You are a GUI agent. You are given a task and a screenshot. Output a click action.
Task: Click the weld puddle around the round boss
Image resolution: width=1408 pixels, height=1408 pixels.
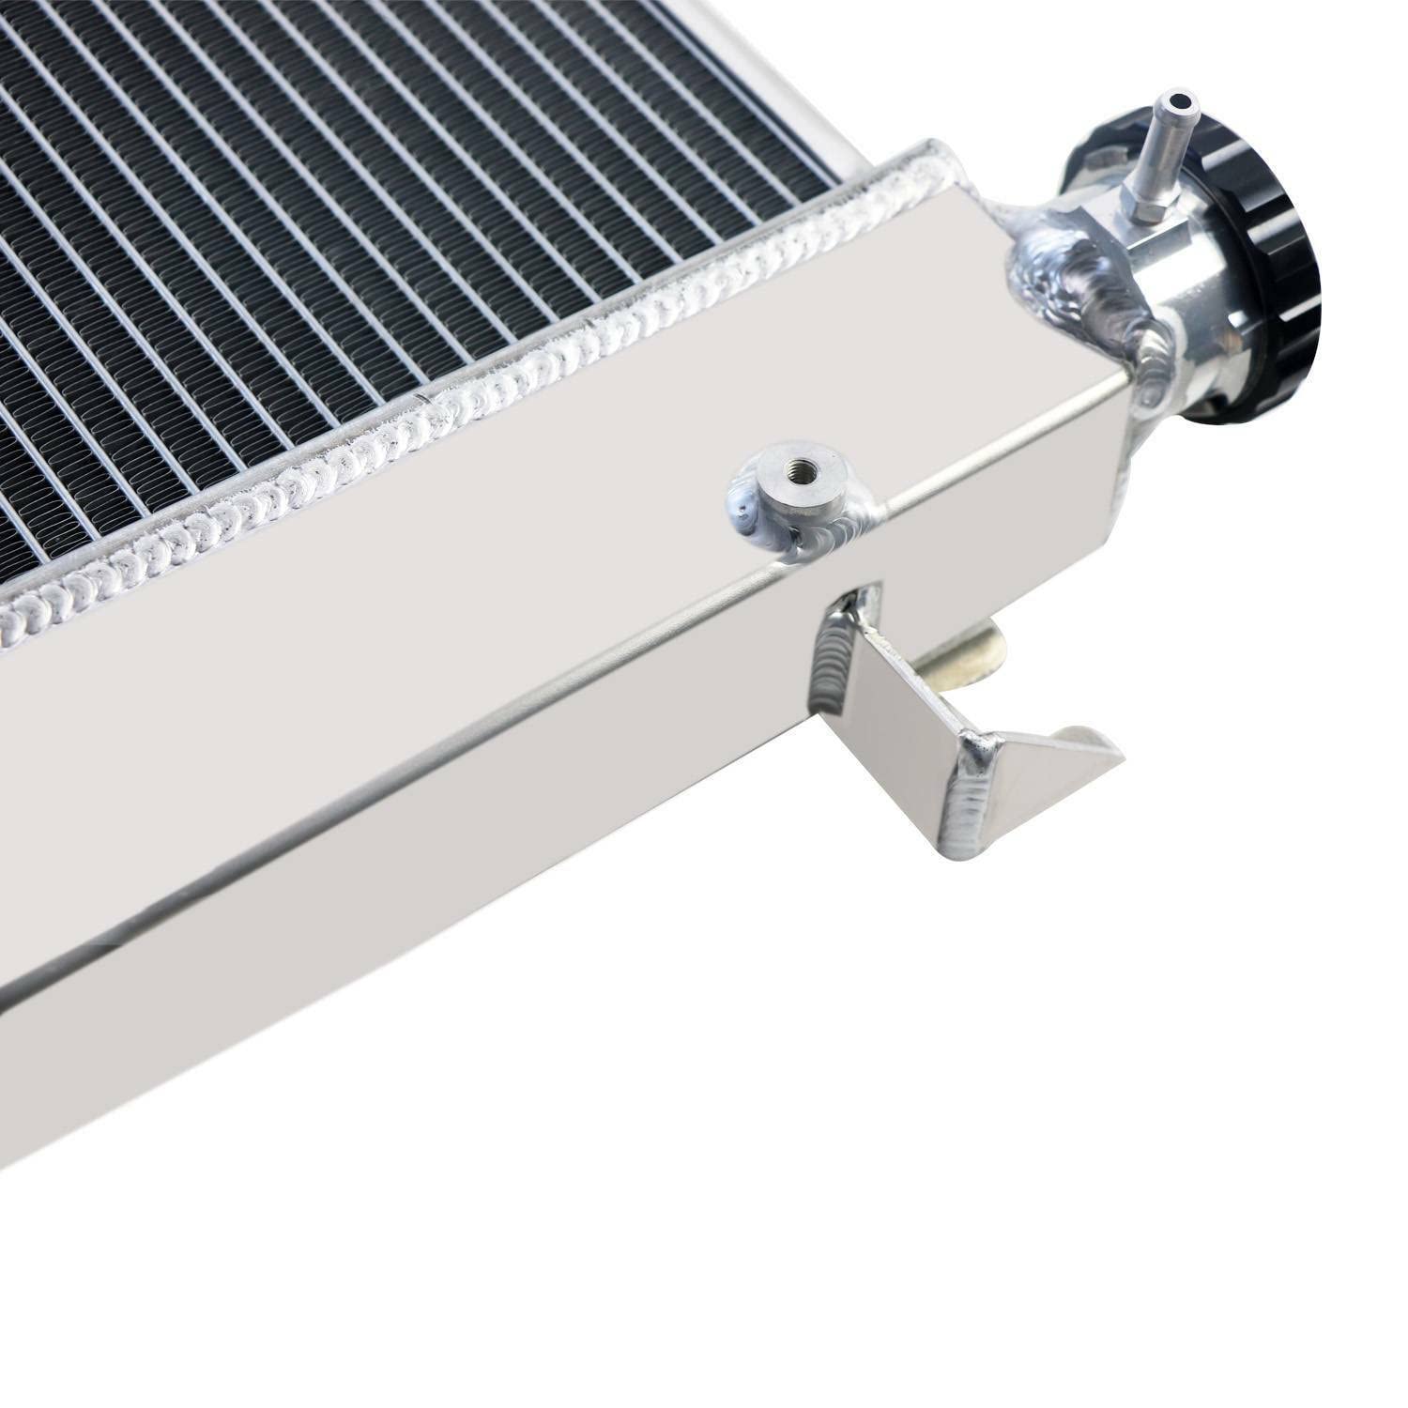tap(779, 526)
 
